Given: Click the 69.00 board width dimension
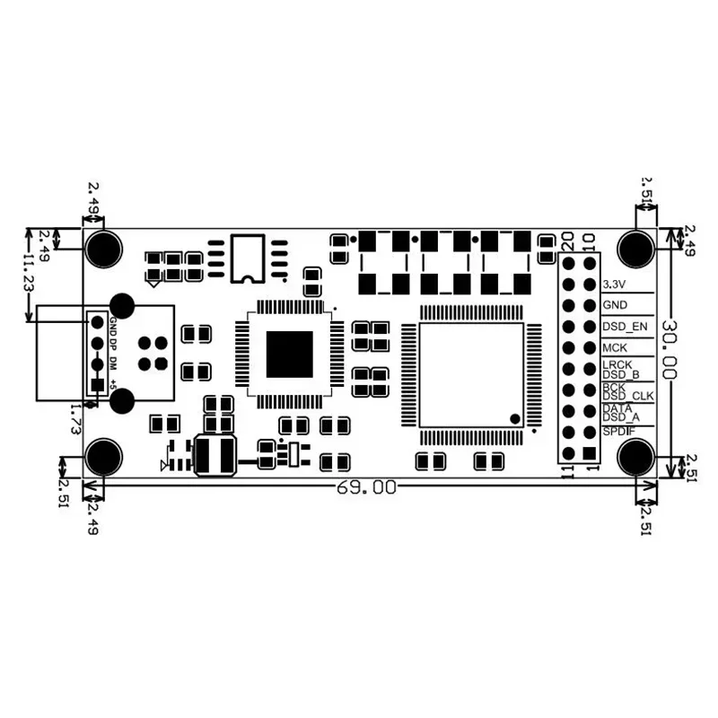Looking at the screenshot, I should [365, 488].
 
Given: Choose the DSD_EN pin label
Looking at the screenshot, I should [624, 326].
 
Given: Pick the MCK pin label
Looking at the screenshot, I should [615, 347].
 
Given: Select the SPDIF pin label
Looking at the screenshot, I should [619, 433].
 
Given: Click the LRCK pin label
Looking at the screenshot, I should [617, 365].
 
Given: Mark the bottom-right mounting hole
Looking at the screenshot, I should [637, 458].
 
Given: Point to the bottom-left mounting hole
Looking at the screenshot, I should [104, 458].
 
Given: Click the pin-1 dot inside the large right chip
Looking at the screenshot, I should [514, 418].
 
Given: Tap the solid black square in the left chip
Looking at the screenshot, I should [289, 354].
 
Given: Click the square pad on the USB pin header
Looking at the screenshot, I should [97, 384].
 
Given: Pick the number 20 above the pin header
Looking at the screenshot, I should [568, 241].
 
